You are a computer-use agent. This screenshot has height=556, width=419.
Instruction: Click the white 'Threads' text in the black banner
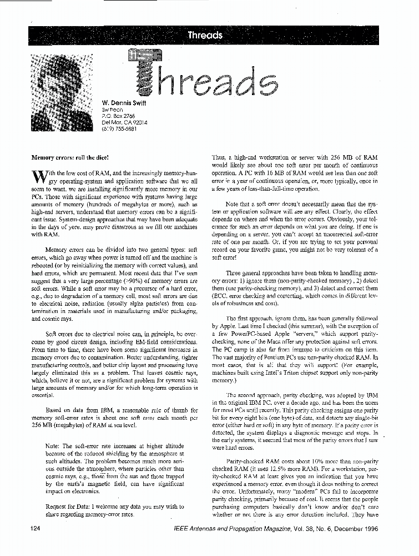click(205, 36)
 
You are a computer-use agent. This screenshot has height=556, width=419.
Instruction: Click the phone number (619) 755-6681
click(119, 129)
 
